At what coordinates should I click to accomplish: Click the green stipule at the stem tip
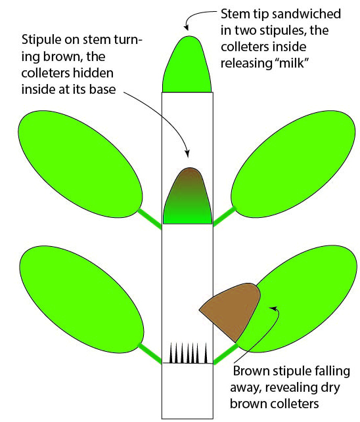pyautogui.click(x=187, y=66)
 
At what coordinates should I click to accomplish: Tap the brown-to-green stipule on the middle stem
pyautogui.click(x=187, y=198)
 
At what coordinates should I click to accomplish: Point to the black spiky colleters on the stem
pyautogui.click(x=188, y=353)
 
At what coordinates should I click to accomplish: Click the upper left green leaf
pyautogui.click(x=80, y=164)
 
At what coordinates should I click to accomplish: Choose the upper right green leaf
pyautogui.click(x=293, y=164)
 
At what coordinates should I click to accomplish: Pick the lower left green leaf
pyautogui.click(x=81, y=300)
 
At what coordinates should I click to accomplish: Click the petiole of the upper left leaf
pyautogui.click(x=150, y=219)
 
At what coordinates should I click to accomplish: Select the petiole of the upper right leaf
pyautogui.click(x=225, y=217)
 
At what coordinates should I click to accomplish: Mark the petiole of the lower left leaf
pyautogui.click(x=150, y=354)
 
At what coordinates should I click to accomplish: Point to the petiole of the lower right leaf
pyautogui.click(x=226, y=354)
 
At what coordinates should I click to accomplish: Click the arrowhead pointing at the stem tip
pyautogui.click(x=186, y=27)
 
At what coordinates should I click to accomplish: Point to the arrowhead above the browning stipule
pyautogui.click(x=187, y=154)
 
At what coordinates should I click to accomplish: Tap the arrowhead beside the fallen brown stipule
pyautogui.click(x=274, y=308)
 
